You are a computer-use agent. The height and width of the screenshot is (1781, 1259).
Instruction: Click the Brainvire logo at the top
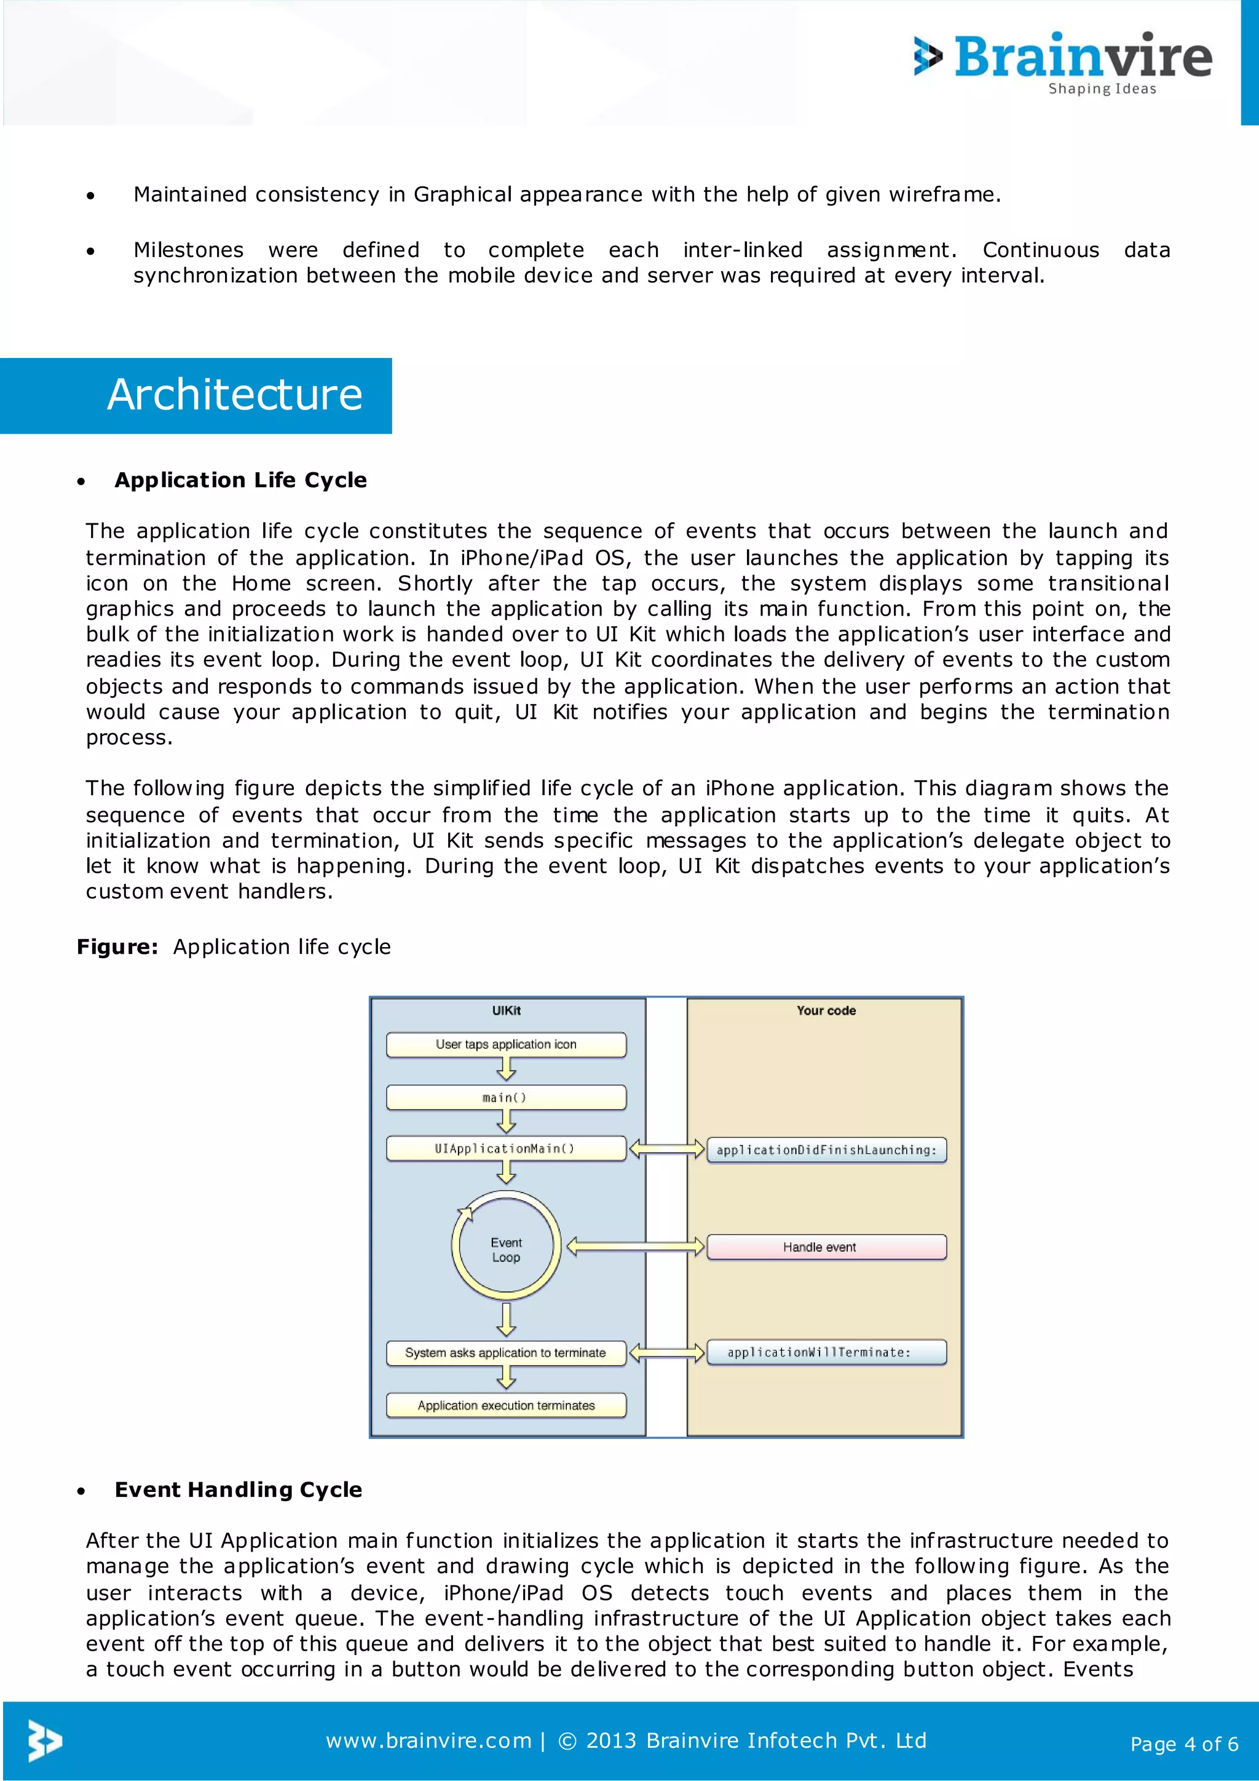(1064, 60)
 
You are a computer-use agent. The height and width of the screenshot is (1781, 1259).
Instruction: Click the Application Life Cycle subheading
(240, 480)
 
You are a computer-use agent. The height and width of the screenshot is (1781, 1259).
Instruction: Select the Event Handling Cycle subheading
(238, 1489)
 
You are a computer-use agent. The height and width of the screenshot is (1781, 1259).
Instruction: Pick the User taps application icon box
(505, 1045)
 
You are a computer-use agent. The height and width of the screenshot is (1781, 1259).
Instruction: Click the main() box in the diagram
(505, 1098)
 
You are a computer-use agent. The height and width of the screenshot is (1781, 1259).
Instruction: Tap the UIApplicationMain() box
(505, 1149)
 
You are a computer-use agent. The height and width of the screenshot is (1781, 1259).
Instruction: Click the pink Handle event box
(826, 1247)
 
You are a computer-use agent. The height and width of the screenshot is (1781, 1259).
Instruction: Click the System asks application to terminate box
(505, 1353)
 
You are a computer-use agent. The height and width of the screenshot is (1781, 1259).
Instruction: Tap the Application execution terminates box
(505, 1406)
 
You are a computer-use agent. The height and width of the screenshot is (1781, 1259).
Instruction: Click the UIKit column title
(506, 1011)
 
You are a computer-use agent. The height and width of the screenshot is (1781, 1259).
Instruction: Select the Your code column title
(826, 1011)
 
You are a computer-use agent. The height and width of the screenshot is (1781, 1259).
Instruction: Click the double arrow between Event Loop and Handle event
(636, 1247)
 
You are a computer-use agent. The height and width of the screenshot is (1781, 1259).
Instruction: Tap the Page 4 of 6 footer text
(1184, 1745)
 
